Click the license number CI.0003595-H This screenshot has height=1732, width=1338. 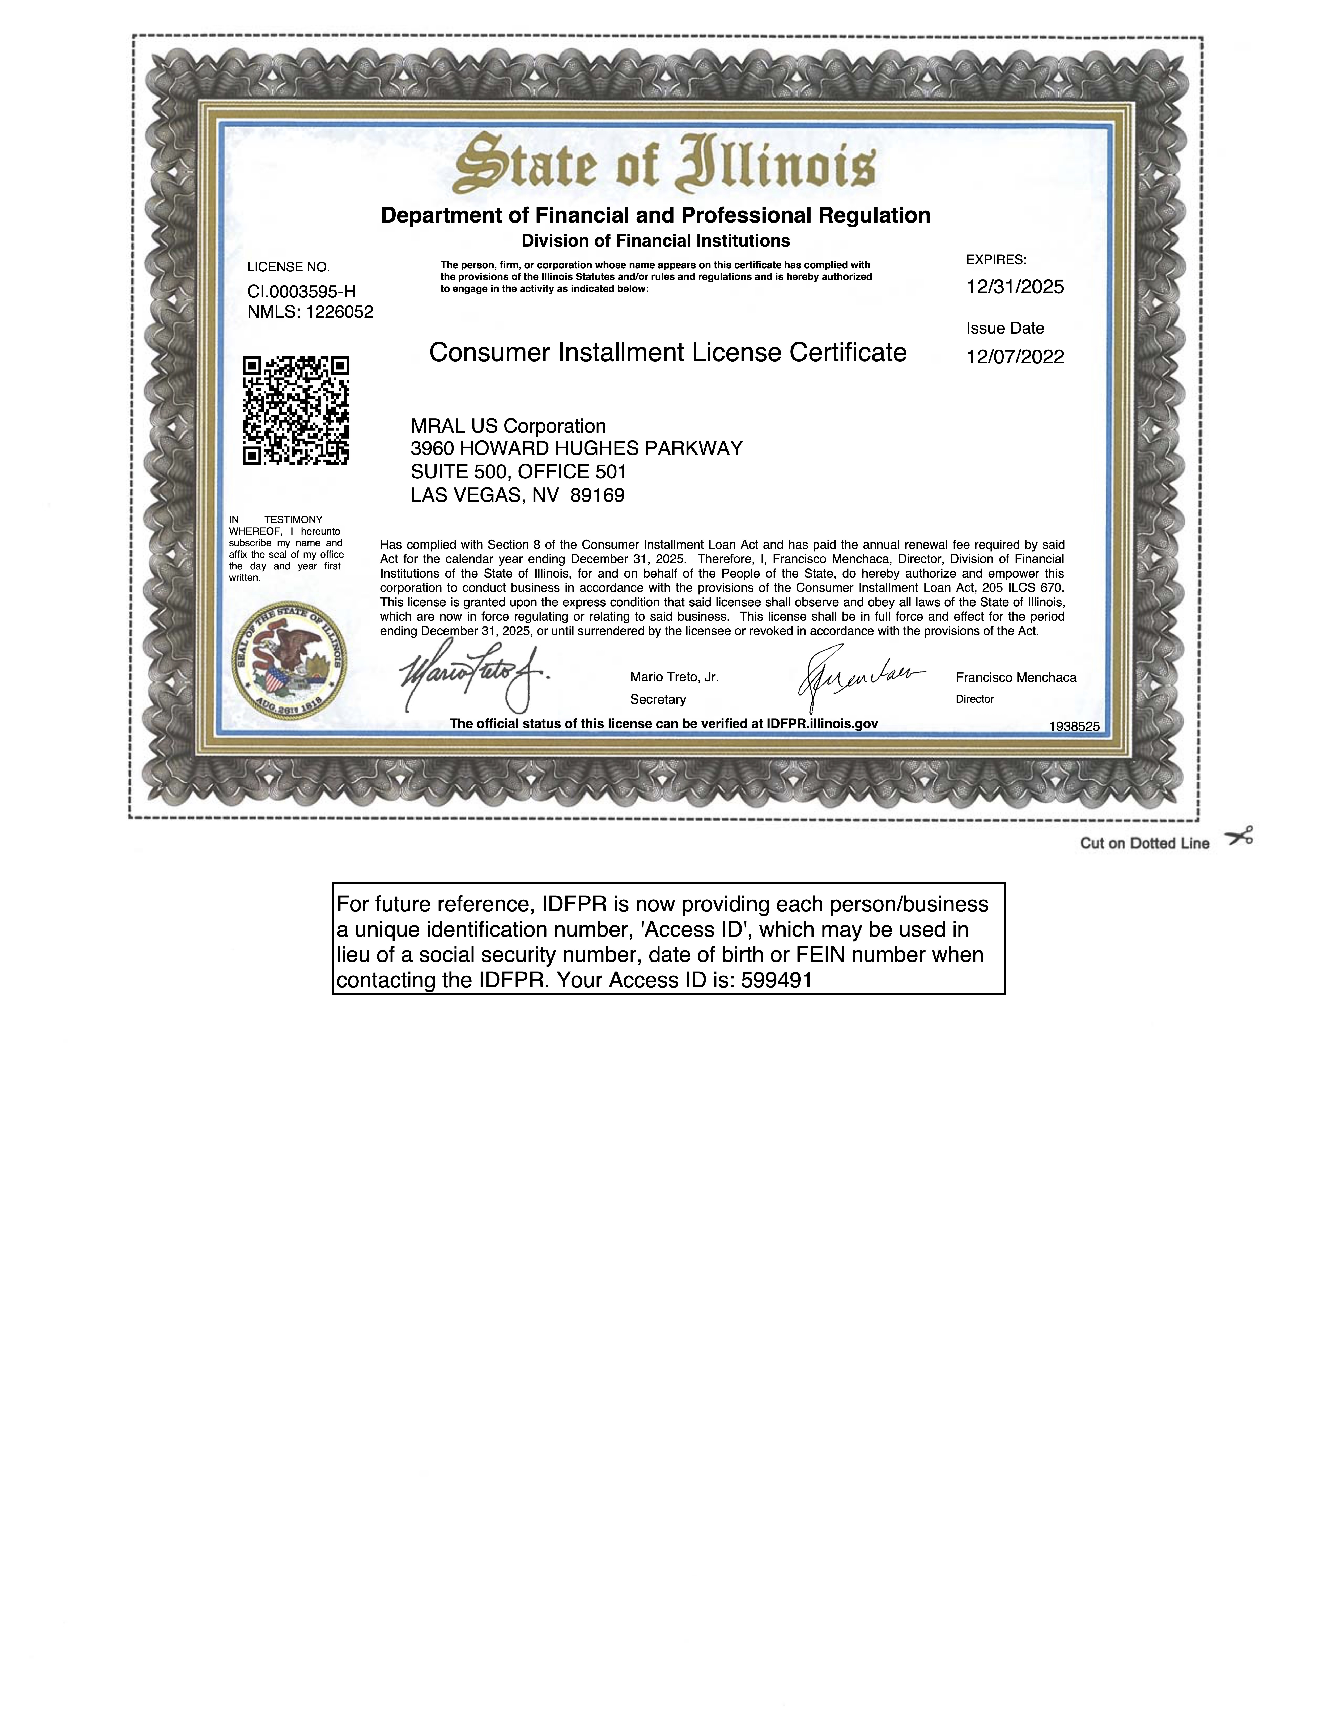(x=301, y=291)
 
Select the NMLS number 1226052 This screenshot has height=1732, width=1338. (x=339, y=312)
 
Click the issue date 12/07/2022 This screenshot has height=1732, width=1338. (x=1015, y=357)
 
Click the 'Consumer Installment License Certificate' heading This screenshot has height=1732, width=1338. (x=667, y=352)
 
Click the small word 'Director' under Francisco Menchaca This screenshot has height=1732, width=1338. (x=974, y=700)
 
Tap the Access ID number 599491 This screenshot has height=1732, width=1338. (x=777, y=980)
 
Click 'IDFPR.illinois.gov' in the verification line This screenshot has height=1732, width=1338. (x=822, y=723)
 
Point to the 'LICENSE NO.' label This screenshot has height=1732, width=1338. (x=289, y=267)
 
